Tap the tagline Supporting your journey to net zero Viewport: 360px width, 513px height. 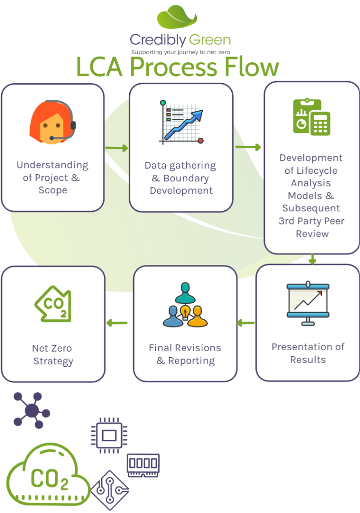tap(180, 52)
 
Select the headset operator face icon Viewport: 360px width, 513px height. tap(53, 123)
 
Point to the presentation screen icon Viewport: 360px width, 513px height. tap(307, 304)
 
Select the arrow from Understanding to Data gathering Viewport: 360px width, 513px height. tap(117, 148)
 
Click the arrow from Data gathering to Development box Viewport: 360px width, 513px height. tap(248, 147)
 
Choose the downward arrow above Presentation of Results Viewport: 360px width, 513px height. tap(312, 259)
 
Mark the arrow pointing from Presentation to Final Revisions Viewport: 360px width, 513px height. tap(245, 323)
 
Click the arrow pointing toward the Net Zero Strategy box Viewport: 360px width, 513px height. tap(117, 323)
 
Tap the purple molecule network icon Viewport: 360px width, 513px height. tap(32, 410)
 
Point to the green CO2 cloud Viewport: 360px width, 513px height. tap(48, 476)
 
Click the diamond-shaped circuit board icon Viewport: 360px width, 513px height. tap(110, 489)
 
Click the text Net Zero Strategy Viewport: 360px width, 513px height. tap(53, 355)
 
